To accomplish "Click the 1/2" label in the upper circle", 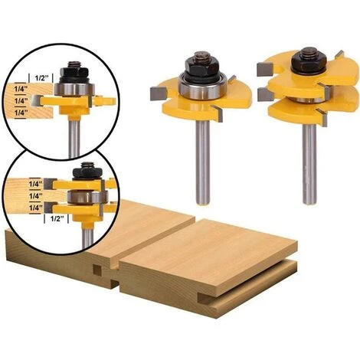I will [40, 77].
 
